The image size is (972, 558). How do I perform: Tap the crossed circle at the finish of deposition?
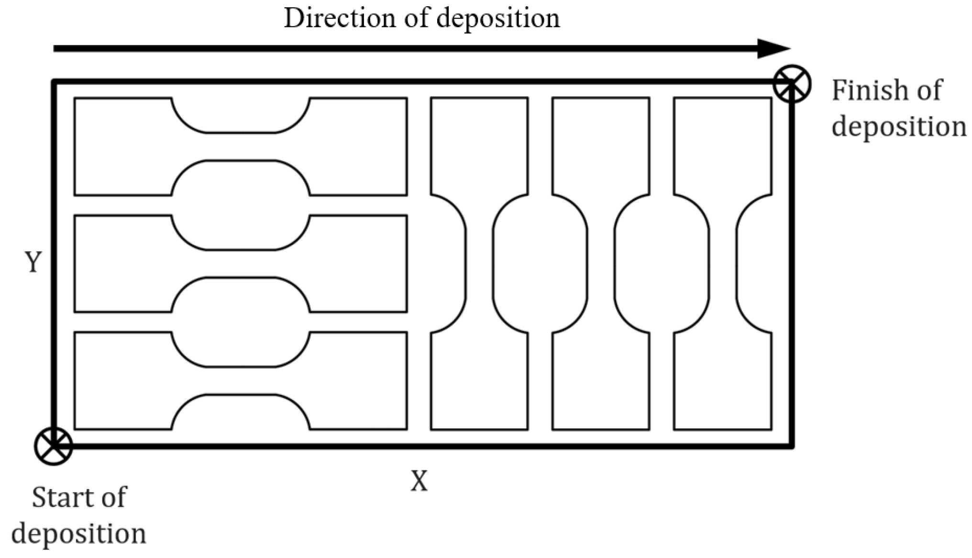pyautogui.click(x=792, y=84)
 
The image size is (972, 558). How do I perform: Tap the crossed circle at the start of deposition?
pyautogui.click(x=54, y=446)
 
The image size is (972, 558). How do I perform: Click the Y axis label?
pyautogui.click(x=33, y=262)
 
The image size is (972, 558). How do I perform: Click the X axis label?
pyautogui.click(x=419, y=481)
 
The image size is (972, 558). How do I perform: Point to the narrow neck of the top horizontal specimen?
pyautogui.click(x=241, y=146)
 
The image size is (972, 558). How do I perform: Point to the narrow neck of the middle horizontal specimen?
pyautogui.click(x=241, y=263)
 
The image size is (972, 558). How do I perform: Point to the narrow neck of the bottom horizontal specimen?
pyautogui.click(x=241, y=380)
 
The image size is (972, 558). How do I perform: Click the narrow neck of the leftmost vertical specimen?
pyautogui.click(x=479, y=263)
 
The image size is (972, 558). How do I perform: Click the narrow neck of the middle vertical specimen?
pyautogui.click(x=601, y=263)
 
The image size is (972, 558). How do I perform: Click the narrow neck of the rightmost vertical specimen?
pyautogui.click(x=723, y=263)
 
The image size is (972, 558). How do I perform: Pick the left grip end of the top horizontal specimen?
pyautogui.click(x=122, y=146)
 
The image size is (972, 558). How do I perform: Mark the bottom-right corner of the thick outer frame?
pyautogui.click(x=792, y=446)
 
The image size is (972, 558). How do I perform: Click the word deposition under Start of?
pyautogui.click(x=79, y=534)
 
